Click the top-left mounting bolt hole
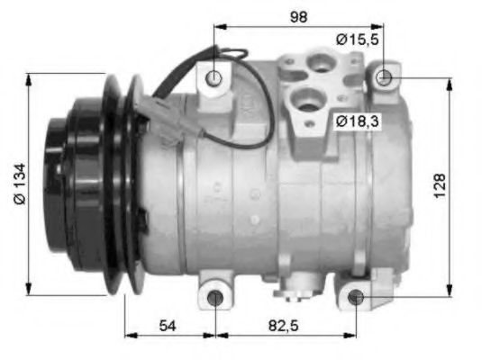[214, 78]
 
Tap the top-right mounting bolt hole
[385, 77]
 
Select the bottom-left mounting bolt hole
[215, 298]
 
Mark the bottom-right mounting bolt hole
[356, 296]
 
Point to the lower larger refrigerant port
[309, 102]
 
